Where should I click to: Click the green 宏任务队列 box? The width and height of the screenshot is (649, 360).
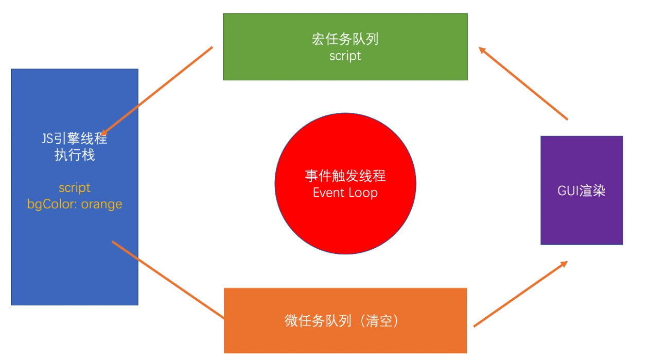tap(345, 67)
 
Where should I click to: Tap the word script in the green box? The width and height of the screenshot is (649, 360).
tap(345, 56)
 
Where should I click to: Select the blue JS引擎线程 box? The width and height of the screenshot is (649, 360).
tap(75, 258)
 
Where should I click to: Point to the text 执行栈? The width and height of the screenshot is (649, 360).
tap(75, 155)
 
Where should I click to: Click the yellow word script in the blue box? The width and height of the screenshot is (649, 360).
tap(75, 187)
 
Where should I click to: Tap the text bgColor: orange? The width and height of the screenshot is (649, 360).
tap(75, 204)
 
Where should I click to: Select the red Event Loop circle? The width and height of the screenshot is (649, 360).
tap(345, 227)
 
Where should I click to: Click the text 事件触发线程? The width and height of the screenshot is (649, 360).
tap(345, 176)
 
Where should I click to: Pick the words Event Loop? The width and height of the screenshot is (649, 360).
tap(345, 193)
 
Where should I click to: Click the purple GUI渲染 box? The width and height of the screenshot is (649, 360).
tap(582, 221)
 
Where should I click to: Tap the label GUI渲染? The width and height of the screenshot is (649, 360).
tap(582, 191)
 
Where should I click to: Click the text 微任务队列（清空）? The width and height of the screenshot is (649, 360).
tap(342, 321)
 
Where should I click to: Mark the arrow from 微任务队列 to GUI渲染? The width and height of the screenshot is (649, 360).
tap(520, 294)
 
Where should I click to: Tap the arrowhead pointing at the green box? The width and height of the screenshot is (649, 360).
tap(482, 49)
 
